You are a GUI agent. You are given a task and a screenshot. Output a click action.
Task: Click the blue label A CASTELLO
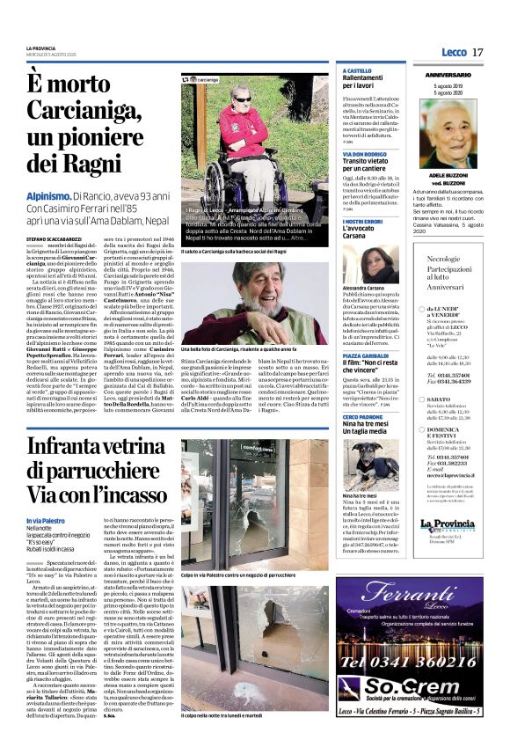(359, 70)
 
